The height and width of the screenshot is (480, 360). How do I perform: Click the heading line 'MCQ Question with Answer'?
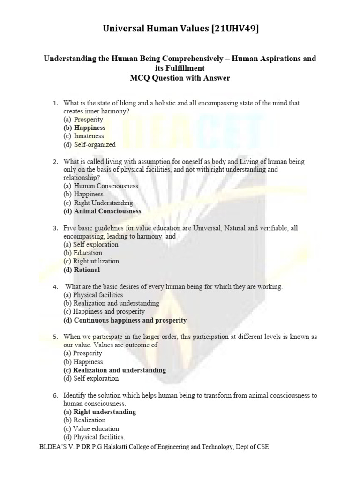180,78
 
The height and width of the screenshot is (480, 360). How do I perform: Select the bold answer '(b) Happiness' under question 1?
84,127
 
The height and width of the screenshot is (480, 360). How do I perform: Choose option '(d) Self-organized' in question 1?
90,145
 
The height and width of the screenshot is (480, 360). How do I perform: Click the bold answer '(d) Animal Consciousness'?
102,211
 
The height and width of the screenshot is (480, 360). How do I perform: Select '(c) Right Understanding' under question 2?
98,202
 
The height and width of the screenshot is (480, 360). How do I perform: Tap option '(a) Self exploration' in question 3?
91,244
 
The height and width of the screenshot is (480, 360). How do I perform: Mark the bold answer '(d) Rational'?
82,270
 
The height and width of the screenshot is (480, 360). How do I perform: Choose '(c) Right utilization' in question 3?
91,261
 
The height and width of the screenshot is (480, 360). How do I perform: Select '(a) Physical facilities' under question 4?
93,295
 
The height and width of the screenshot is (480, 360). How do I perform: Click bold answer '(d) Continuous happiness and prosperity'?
125,320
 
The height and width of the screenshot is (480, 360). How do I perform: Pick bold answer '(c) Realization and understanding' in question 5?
114,370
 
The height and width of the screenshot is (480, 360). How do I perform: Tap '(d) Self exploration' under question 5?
91,378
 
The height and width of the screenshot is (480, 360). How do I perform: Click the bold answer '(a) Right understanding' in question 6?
99,412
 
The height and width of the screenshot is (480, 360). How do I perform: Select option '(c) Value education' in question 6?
91,428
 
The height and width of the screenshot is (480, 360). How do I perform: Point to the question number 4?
55,286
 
